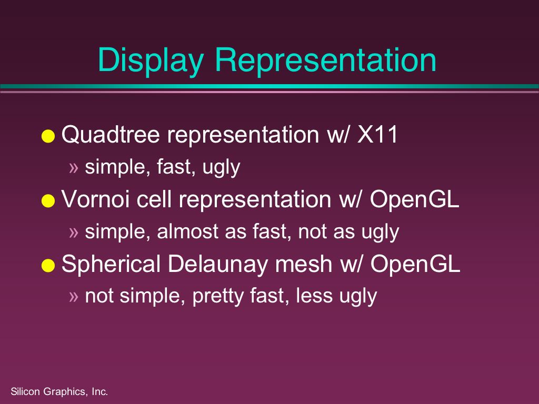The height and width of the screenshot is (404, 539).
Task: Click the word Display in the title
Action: click(x=151, y=60)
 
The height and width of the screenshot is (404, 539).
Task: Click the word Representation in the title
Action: click(x=325, y=60)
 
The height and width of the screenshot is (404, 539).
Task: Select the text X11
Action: click(x=377, y=134)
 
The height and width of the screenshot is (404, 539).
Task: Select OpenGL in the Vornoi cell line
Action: click(x=415, y=199)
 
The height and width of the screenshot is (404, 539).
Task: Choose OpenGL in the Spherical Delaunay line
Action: click(x=415, y=264)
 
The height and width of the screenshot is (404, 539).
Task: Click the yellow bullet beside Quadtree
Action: click(x=48, y=136)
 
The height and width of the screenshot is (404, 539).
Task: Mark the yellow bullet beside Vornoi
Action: click(x=48, y=200)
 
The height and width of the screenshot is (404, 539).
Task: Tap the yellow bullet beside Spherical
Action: click(x=48, y=266)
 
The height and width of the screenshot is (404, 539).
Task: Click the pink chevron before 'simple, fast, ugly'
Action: click(x=74, y=168)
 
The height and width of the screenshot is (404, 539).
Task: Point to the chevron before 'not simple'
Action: click(x=74, y=297)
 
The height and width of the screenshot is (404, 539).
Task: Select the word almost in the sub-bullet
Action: click(x=187, y=231)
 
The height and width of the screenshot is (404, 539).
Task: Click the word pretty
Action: click(x=217, y=297)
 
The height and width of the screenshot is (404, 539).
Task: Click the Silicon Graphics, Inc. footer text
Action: click(x=59, y=391)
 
